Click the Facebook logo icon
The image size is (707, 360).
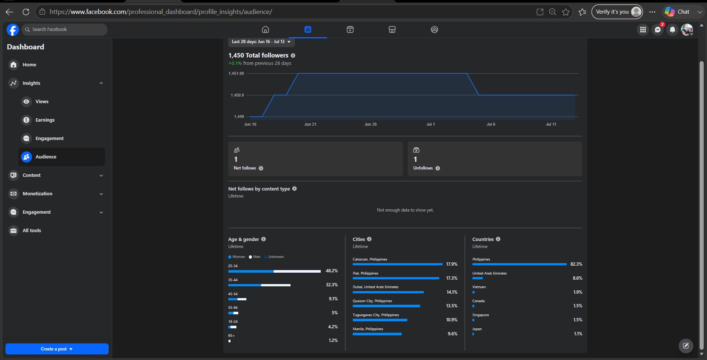13,29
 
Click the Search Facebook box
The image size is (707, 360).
64,29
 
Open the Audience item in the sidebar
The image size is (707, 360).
61,157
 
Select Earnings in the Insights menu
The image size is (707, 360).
45,120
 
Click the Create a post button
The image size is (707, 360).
57,349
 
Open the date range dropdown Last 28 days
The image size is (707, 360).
261,42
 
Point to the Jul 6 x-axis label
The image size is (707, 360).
491,125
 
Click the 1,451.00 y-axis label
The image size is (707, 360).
236,74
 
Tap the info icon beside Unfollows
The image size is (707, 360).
437,168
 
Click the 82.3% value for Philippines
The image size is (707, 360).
576,264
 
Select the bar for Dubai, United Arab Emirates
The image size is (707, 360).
388,292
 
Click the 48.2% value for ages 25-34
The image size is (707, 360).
332,271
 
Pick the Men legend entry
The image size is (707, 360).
254,257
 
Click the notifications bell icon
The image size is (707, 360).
672,30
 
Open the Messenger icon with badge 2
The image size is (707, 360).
658,29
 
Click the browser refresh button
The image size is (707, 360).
26,12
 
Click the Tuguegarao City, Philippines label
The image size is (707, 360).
376,315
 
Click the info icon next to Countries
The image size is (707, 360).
498,239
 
